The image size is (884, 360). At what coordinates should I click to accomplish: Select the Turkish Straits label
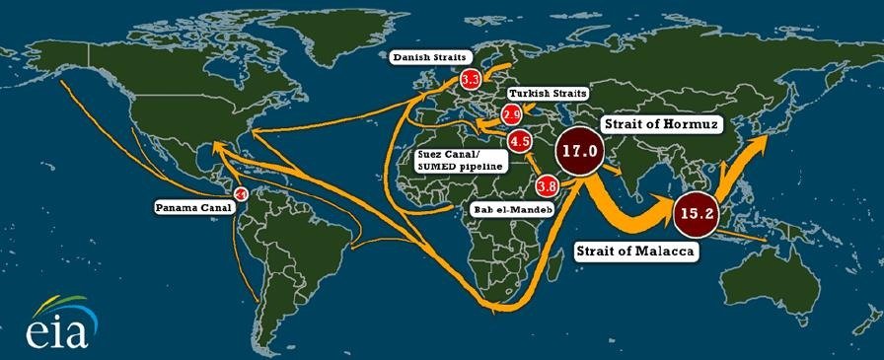point(549,94)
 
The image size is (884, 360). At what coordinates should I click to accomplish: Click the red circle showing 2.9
point(511,114)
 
